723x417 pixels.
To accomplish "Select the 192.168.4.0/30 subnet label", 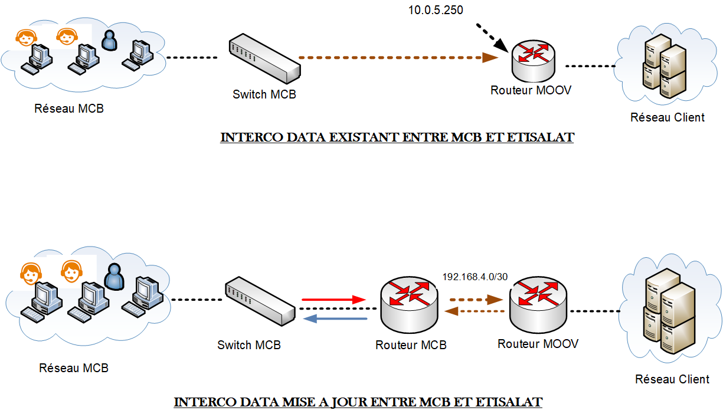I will coord(475,276).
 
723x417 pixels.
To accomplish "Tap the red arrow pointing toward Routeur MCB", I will coord(334,300).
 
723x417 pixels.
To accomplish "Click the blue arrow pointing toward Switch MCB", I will coord(334,319).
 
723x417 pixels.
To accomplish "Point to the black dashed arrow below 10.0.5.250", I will coord(492,37).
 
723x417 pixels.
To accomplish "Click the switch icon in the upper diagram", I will coord(264,58).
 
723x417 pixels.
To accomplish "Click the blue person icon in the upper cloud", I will coord(109,41).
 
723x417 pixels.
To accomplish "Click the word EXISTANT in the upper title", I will coord(362,137).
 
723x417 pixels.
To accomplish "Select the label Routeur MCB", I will coord(411,345).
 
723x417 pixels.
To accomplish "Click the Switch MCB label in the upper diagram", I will coord(264,94).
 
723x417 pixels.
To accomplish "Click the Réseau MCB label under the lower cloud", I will coord(74,368).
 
